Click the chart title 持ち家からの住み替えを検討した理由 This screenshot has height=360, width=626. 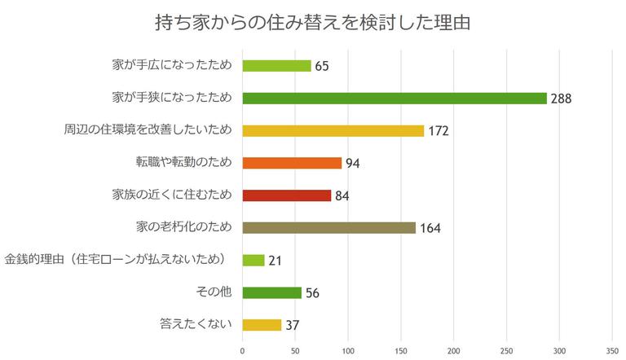(x=312, y=23)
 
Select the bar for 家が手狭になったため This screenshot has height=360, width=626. (x=395, y=99)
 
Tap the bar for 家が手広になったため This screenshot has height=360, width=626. (x=277, y=66)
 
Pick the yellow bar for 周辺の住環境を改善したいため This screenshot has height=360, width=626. (x=333, y=130)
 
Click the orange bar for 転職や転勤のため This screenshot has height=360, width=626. (x=292, y=163)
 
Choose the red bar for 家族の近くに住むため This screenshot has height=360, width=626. (x=287, y=195)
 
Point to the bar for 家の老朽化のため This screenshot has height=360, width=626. (x=329, y=227)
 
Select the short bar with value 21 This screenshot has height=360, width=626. (x=253, y=260)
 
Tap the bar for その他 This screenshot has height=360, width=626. (x=272, y=292)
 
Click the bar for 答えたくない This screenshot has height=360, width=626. (x=262, y=325)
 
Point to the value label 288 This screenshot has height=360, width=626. (x=561, y=99)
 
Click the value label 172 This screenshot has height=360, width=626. (x=438, y=131)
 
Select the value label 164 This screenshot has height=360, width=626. (x=430, y=228)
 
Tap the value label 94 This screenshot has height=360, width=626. (x=352, y=164)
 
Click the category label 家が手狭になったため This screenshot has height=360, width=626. (x=172, y=98)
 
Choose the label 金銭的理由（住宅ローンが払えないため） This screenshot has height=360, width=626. (x=120, y=260)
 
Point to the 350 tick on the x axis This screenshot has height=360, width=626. (x=612, y=351)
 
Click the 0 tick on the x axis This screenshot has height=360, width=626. (x=242, y=351)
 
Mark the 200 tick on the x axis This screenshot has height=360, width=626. (x=454, y=351)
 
